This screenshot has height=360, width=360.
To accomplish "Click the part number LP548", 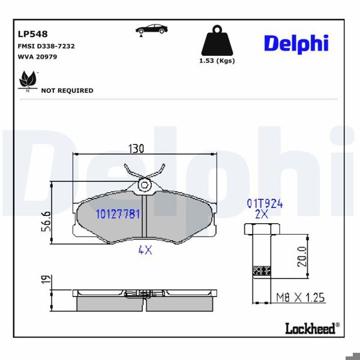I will pyautogui.click(x=33, y=34).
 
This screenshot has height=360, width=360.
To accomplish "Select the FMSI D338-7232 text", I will pyautogui.click(x=46, y=46).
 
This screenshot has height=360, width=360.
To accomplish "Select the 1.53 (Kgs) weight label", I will pyautogui.click(x=217, y=61).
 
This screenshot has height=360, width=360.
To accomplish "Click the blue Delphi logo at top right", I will pyautogui.click(x=296, y=43).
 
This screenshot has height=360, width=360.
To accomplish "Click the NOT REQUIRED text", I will pyautogui.click(x=67, y=91).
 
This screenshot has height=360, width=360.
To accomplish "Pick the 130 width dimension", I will pyautogui.click(x=137, y=149).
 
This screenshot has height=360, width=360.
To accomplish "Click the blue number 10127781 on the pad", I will pyautogui.click(x=118, y=214).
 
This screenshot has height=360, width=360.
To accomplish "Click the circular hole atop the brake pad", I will pyautogui.click(x=144, y=185).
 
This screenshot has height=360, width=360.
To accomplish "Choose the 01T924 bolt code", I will pyautogui.click(x=265, y=203).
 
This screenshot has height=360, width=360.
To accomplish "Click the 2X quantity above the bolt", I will pyautogui.click(x=262, y=214).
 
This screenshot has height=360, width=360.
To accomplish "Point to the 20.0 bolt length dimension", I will pyautogui.click(x=302, y=256).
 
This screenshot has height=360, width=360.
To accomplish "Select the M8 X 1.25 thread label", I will pyautogui.click(x=300, y=298).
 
